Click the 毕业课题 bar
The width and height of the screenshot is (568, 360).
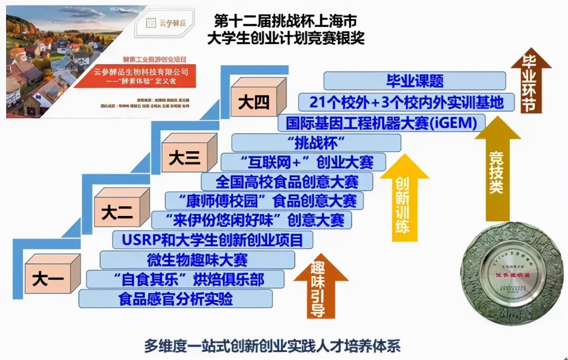(x=414, y=81)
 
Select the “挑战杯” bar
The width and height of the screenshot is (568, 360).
(x=316, y=143)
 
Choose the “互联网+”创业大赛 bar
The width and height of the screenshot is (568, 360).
(x=303, y=162)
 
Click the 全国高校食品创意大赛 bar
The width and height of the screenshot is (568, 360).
(x=287, y=181)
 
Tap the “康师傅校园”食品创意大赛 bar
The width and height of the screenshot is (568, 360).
(x=264, y=200)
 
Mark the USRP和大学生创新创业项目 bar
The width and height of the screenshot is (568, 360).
(x=212, y=239)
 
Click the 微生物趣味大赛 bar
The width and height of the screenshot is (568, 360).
(x=198, y=259)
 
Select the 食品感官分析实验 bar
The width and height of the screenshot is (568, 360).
(x=175, y=298)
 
